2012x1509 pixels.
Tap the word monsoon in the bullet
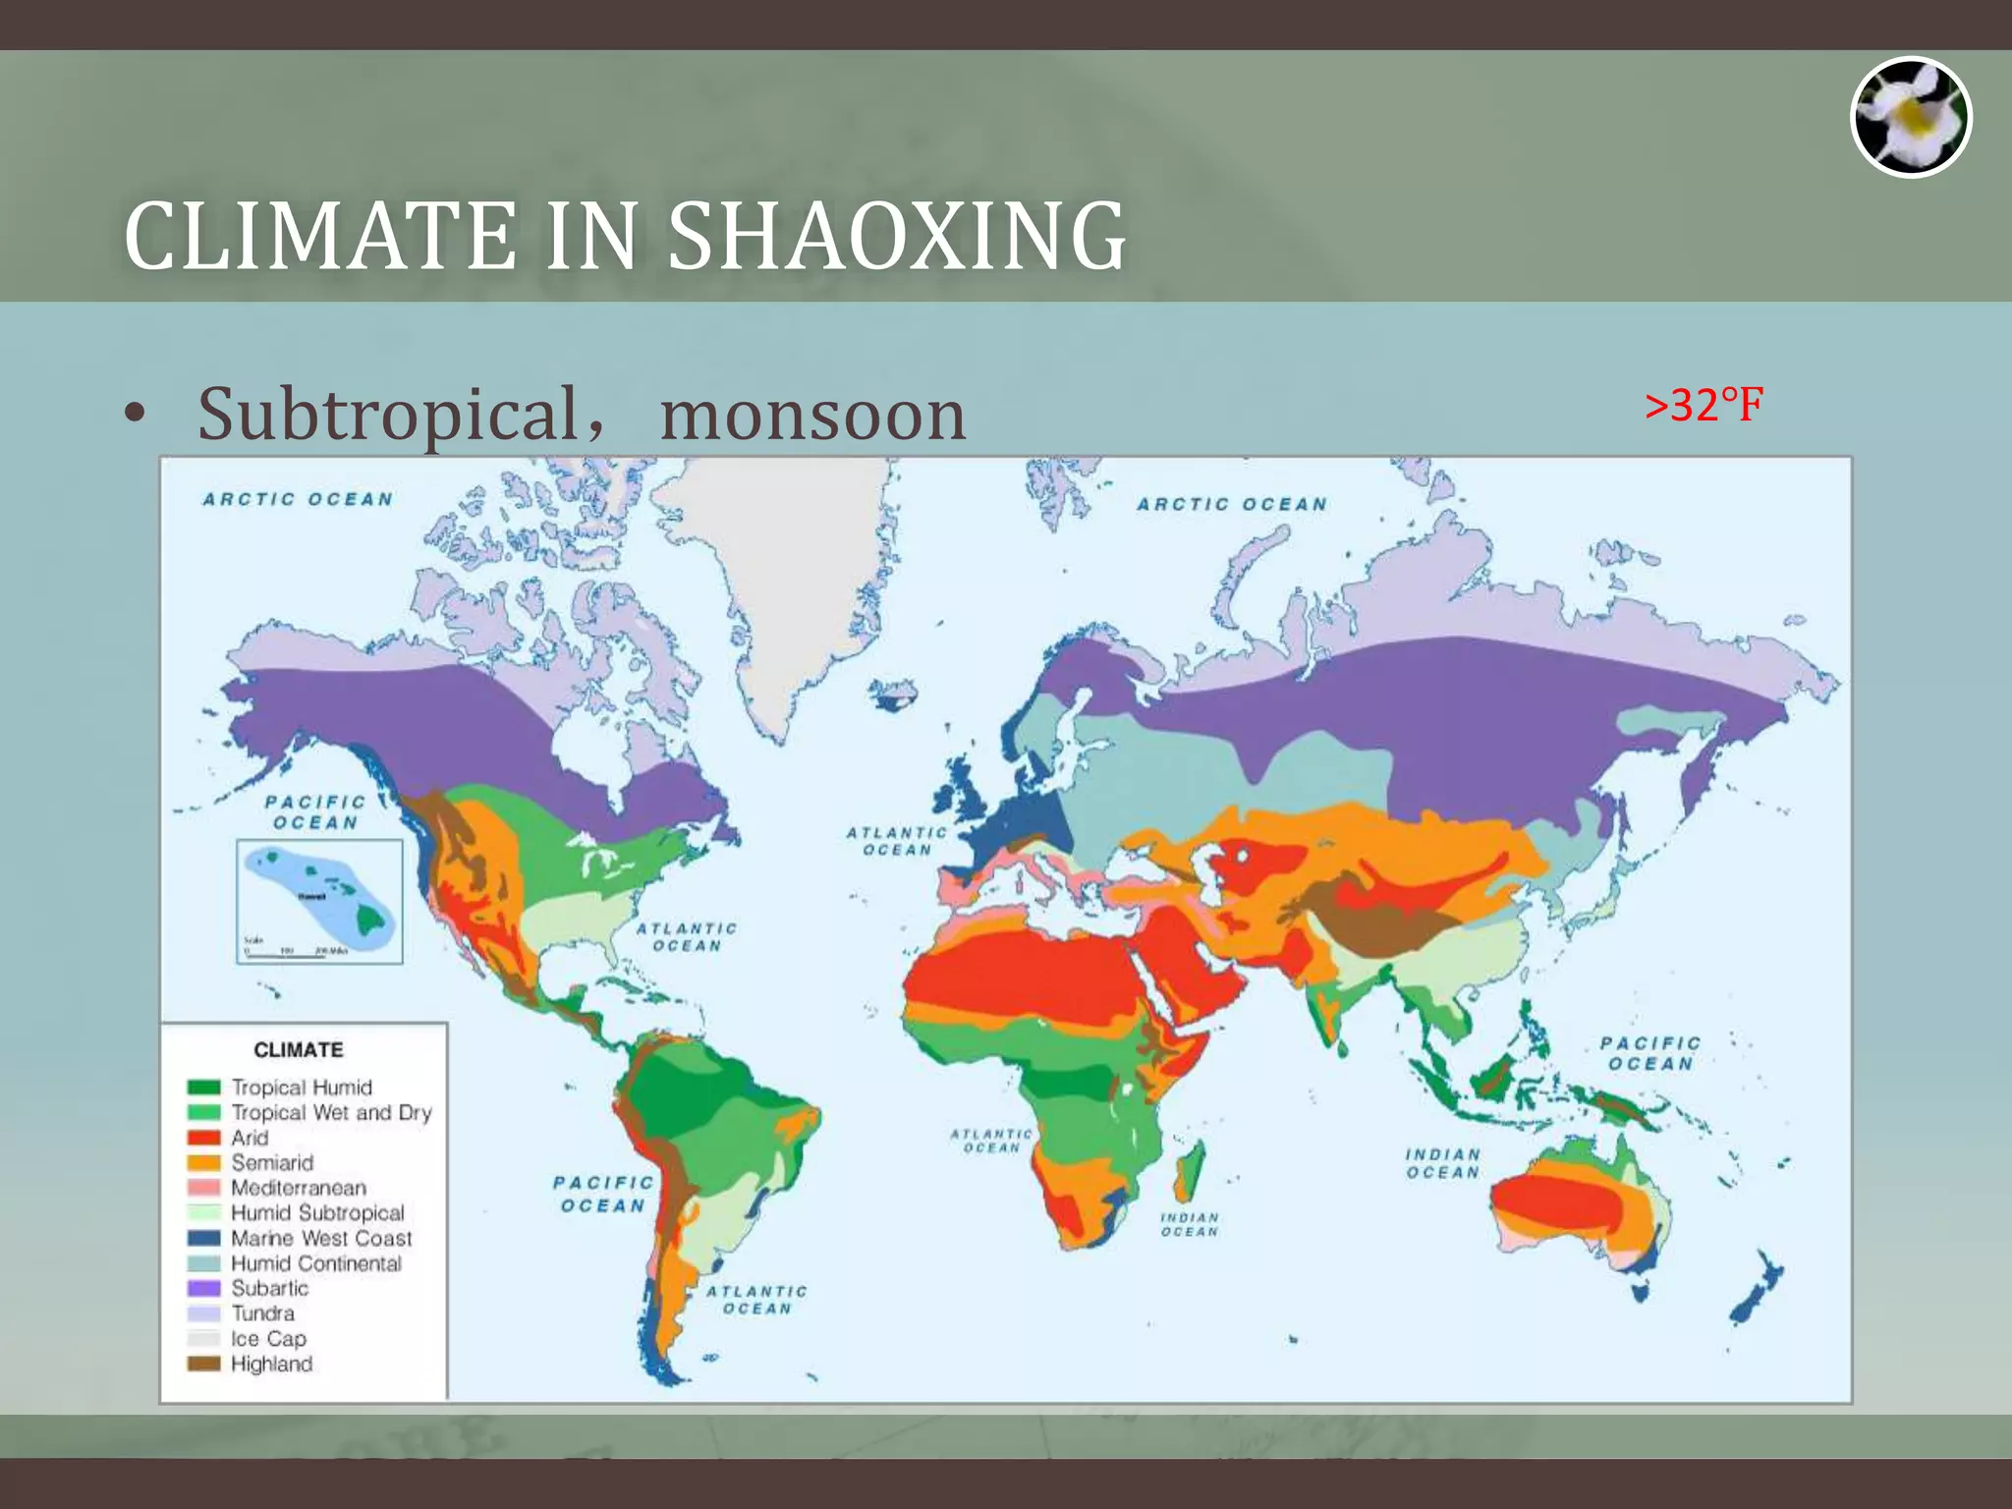click(812, 415)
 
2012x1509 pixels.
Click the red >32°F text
click(1704, 405)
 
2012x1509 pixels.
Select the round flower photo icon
click(1910, 117)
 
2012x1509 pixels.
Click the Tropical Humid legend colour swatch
click(203, 1088)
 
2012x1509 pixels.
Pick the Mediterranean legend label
click(299, 1188)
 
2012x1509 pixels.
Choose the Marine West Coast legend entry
click(320, 1238)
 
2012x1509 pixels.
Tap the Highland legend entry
click(271, 1364)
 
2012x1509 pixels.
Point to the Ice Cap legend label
click(268, 1338)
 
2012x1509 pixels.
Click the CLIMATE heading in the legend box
click(299, 1049)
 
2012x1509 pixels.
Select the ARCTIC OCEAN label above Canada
click(298, 499)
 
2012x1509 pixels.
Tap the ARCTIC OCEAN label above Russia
click(1232, 504)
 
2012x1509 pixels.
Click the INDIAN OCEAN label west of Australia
click(1441, 1163)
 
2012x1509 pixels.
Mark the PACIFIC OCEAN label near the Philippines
click(1649, 1053)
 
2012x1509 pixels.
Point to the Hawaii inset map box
click(319, 901)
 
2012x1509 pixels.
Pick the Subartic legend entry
click(269, 1288)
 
